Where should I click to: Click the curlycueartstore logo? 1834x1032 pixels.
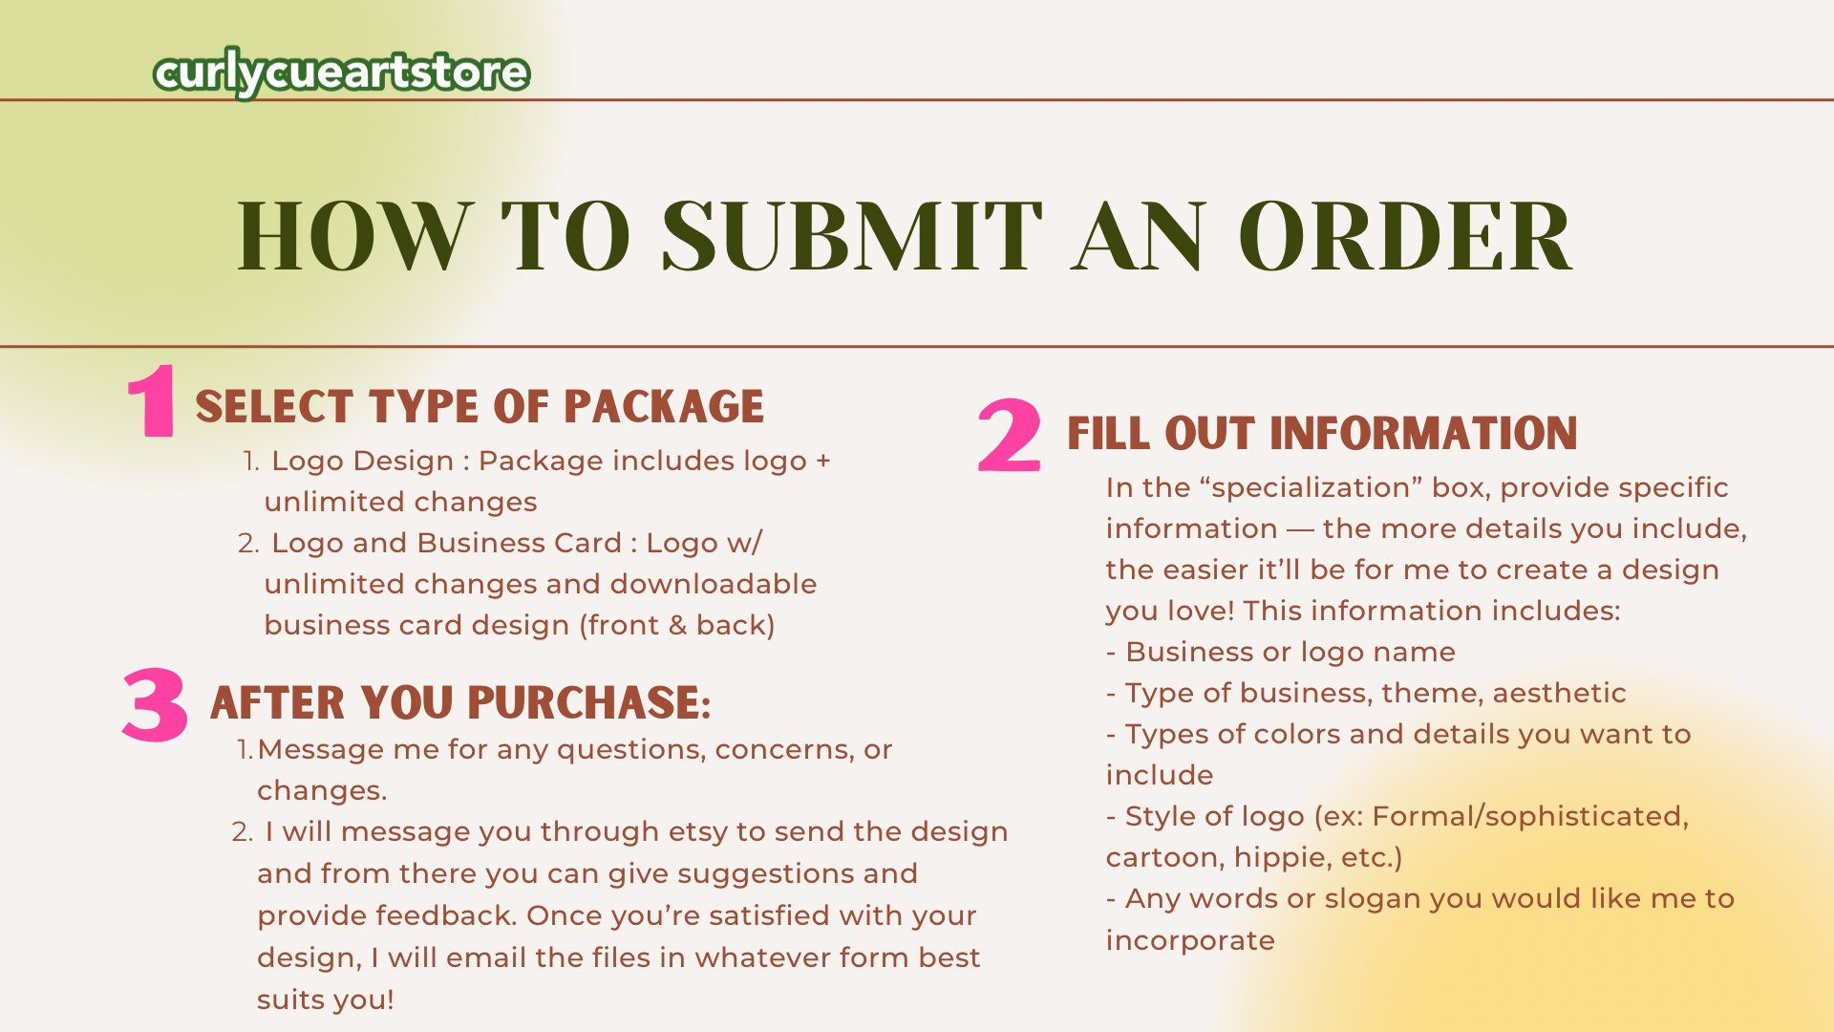(341, 73)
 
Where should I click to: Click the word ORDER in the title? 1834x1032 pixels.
(1405, 237)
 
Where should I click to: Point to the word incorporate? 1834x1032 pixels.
(1190, 941)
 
